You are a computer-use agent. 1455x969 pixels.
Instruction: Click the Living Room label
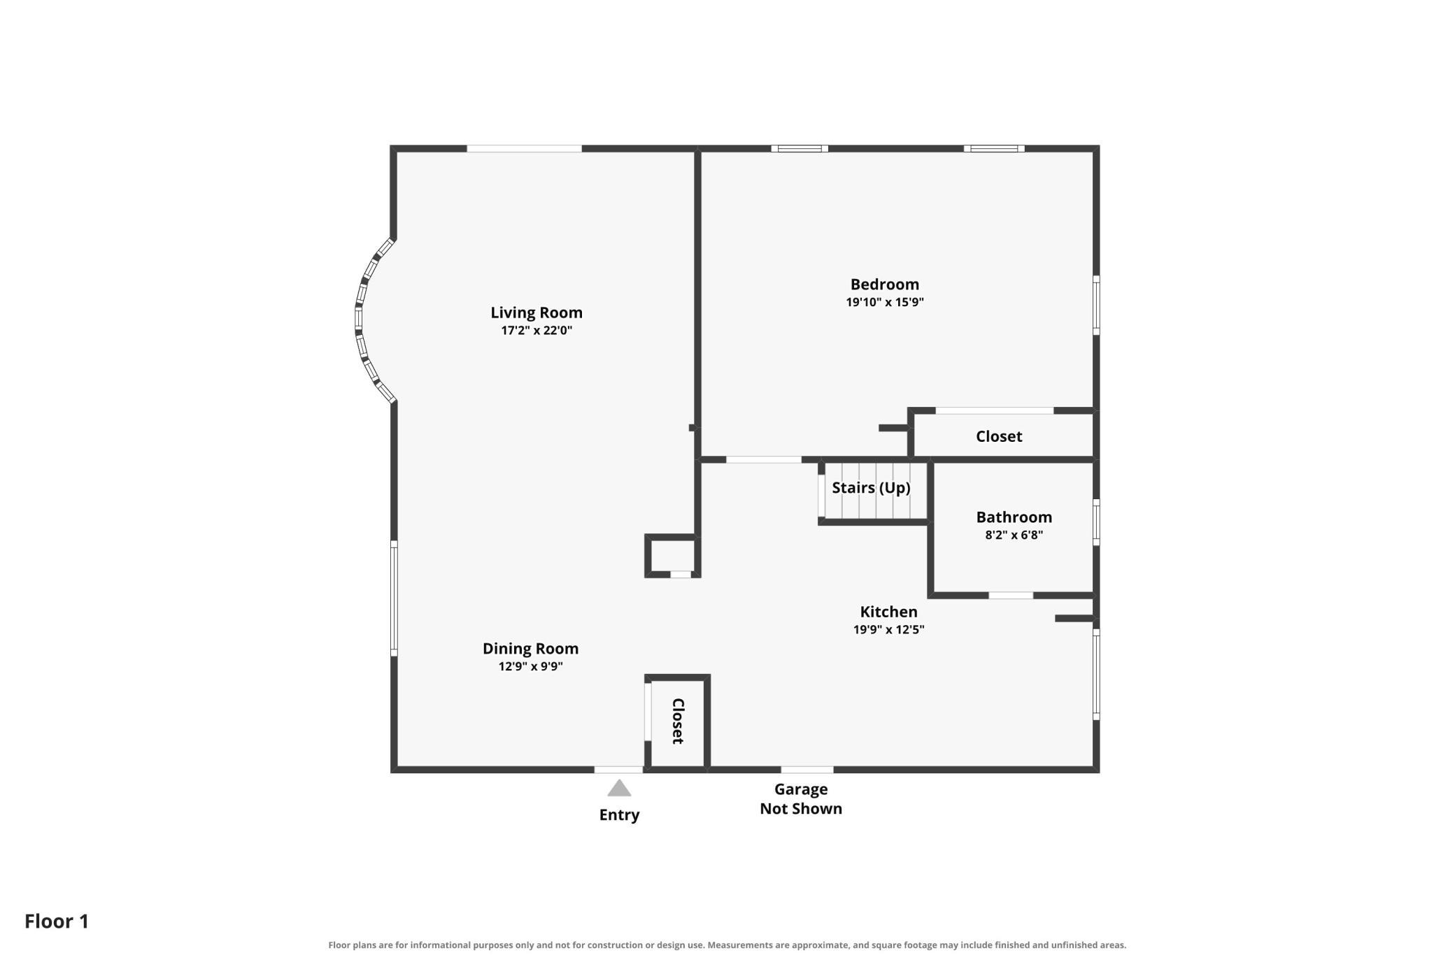[536, 313]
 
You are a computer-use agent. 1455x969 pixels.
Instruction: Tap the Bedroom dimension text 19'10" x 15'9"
[885, 302]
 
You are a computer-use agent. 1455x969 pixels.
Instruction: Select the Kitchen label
[888, 612]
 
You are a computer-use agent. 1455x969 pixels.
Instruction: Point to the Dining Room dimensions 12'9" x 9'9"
[530, 666]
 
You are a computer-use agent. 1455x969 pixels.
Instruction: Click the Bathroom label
[1014, 517]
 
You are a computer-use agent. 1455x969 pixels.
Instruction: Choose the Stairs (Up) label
[871, 487]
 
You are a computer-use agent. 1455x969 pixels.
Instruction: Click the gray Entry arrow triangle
[619, 789]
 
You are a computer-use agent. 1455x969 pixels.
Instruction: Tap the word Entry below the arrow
[619, 815]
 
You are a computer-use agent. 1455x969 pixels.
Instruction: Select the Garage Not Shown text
[801, 799]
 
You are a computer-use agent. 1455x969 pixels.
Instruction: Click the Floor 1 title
[57, 921]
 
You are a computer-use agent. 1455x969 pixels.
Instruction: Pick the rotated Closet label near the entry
[677, 721]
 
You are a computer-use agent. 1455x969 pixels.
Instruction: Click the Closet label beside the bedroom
[999, 436]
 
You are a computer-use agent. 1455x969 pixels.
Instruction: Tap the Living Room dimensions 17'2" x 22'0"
[537, 330]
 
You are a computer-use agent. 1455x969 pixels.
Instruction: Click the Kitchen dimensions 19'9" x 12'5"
[888, 629]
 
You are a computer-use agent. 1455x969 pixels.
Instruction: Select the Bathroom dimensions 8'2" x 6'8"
[1014, 535]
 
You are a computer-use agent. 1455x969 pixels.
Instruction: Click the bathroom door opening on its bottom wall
[1011, 596]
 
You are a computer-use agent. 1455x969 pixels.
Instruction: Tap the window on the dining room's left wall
[394, 598]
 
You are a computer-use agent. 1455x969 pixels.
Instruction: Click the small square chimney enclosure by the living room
[671, 556]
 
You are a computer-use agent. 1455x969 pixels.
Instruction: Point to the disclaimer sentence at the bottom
[727, 945]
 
